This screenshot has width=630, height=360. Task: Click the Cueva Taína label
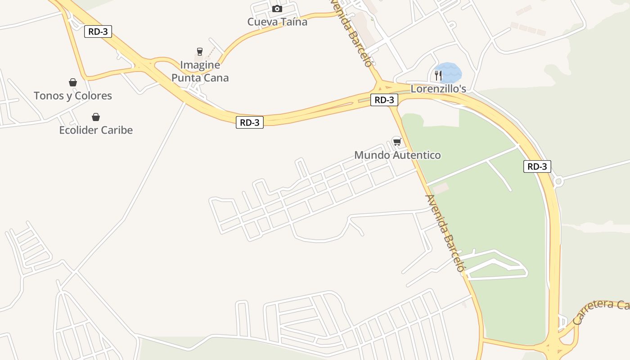(277, 22)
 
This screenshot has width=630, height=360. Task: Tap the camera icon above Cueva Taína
(277, 9)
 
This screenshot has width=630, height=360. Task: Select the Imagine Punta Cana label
(200, 71)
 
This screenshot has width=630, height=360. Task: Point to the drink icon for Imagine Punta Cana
(200, 52)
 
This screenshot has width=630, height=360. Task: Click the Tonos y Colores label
(72, 95)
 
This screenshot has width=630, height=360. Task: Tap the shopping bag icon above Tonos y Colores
(72, 82)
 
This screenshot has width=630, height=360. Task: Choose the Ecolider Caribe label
(96, 130)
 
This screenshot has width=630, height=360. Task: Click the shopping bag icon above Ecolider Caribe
(96, 117)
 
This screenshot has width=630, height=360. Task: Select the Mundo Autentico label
(397, 155)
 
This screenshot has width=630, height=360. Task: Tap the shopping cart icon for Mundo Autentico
(397, 142)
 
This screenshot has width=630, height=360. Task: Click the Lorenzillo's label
(438, 89)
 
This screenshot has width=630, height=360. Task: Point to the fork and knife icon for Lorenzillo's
(438, 75)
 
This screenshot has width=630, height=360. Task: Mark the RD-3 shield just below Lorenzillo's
(384, 100)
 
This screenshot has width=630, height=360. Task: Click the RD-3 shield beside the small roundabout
(537, 166)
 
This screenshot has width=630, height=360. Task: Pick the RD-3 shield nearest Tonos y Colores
(98, 31)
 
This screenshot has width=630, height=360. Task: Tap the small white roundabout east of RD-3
(558, 181)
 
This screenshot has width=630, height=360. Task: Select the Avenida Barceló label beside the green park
(445, 233)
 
